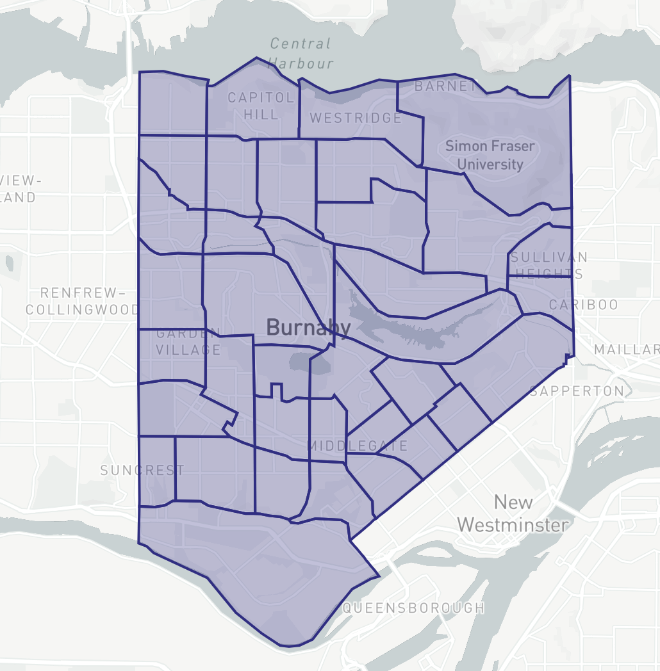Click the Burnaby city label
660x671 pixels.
(308, 328)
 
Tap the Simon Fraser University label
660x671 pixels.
(490, 155)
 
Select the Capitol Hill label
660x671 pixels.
(261, 106)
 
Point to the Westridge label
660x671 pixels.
(356, 118)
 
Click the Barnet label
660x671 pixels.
(445, 86)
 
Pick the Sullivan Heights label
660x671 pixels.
(549, 265)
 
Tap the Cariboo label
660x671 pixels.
(583, 305)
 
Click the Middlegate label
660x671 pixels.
(358, 446)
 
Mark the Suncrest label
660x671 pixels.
(142, 470)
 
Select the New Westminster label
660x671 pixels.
(513, 513)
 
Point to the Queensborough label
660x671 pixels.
(414, 608)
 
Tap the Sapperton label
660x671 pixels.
(577, 391)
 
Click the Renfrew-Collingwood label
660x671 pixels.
(82, 301)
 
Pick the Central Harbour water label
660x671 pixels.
(301, 53)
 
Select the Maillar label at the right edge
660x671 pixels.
(626, 350)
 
